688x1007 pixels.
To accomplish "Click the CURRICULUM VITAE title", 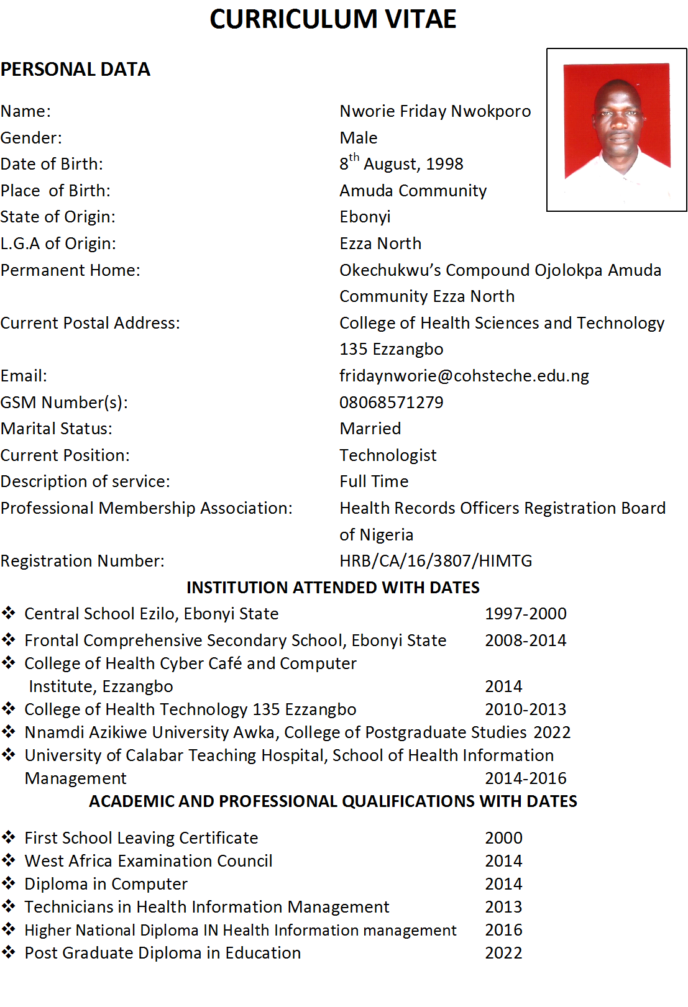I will pyautogui.click(x=333, y=19).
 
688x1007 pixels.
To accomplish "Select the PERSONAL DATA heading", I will pyautogui.click(x=75, y=69).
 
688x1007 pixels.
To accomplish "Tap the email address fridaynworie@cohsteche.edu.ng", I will pyautogui.click(x=464, y=376).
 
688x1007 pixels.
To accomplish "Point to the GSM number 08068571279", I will pyautogui.click(x=391, y=403).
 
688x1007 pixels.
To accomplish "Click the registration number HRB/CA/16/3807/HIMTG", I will pyautogui.click(x=435, y=561).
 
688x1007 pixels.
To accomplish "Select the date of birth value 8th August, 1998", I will pyautogui.click(x=401, y=163).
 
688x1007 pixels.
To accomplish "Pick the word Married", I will pyautogui.click(x=370, y=429).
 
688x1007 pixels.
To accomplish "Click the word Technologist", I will pyautogui.click(x=388, y=455).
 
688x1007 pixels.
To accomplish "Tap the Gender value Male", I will pyautogui.click(x=358, y=137).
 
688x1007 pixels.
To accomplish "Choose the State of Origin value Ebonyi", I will pyautogui.click(x=365, y=217).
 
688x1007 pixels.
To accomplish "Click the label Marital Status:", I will pyautogui.click(x=57, y=429).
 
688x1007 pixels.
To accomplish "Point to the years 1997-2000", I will pyautogui.click(x=525, y=614).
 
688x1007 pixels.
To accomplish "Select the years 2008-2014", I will pyautogui.click(x=525, y=640).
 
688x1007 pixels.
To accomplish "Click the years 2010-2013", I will pyautogui.click(x=525, y=709).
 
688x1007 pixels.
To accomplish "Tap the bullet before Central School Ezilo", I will pyautogui.click(x=9, y=613).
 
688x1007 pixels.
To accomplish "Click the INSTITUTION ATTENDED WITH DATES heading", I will pyautogui.click(x=333, y=588).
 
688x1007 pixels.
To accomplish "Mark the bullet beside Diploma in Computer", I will pyautogui.click(x=9, y=883).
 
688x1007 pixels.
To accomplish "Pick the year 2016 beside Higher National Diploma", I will pyautogui.click(x=503, y=930).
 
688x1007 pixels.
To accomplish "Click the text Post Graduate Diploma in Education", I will pyautogui.click(x=162, y=953).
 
